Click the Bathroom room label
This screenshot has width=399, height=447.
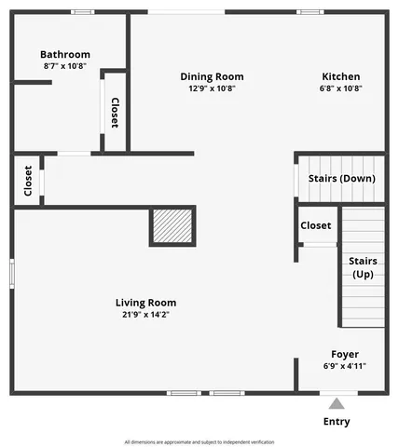65,54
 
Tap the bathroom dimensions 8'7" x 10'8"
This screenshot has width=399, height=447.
65,66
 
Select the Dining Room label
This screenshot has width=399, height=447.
212,76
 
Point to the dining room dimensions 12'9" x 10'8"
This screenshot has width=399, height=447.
212,88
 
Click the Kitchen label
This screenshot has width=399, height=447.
340,76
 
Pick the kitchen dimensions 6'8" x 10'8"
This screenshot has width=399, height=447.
340,88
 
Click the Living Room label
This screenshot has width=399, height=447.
145,302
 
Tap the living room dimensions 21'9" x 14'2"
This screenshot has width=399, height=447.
145,314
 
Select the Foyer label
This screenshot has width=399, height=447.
345,354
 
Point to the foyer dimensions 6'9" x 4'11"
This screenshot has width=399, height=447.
345,366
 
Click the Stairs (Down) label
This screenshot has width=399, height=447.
341,178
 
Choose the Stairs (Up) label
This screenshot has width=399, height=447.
363,267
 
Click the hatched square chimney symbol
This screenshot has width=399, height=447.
172,226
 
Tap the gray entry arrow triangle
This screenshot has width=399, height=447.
337,403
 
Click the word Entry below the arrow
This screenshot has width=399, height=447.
337,422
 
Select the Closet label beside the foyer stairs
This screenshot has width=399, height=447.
315,225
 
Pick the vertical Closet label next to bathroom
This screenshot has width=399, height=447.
115,113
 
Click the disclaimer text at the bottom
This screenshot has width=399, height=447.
199,441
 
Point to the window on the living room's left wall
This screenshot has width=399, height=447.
11,274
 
